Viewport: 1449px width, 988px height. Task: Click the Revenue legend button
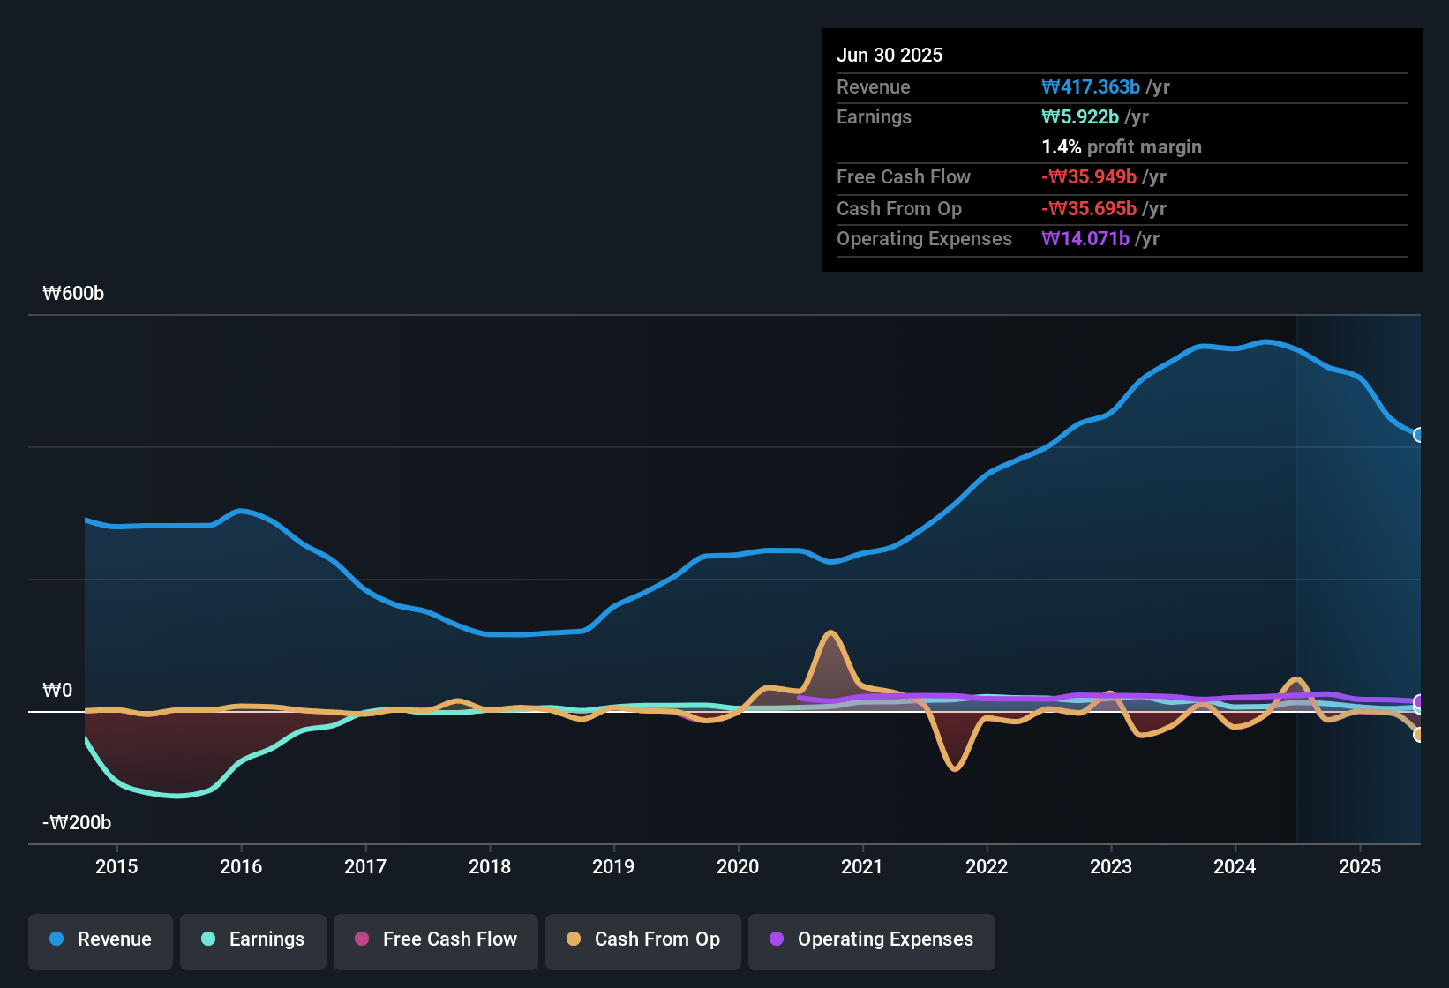[101, 939]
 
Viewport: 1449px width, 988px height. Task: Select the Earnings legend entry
[253, 939]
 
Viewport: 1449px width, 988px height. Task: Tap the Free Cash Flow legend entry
[436, 939]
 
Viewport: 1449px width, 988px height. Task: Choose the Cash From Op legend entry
[643, 939]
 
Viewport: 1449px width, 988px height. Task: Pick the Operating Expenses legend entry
[872, 939]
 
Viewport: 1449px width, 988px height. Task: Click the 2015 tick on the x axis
[116, 866]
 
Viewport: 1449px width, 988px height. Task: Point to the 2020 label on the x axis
[738, 866]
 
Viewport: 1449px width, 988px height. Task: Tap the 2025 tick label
[1359, 866]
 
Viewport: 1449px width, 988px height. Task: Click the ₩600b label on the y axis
[73, 294]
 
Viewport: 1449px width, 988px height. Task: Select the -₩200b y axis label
[77, 823]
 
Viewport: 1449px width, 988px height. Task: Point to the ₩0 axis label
[57, 691]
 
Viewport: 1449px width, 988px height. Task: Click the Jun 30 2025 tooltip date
[890, 56]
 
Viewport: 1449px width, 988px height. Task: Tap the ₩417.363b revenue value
[1091, 87]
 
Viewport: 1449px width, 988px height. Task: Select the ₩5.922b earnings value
[1080, 117]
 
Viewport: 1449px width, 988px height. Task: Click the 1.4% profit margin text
[1122, 147]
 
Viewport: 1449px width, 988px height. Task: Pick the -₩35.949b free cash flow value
[1089, 177]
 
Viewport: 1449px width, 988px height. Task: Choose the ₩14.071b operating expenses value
[1085, 239]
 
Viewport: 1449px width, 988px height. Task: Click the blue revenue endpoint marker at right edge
[1419, 435]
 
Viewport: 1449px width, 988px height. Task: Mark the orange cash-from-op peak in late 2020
[830, 632]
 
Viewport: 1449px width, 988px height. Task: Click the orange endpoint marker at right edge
[1419, 734]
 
